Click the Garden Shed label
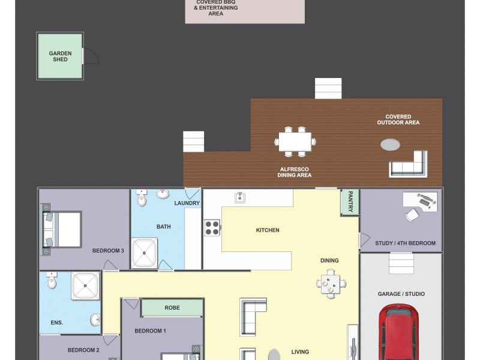coord(60,56)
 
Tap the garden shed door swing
coord(91,56)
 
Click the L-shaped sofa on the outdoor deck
coord(410,165)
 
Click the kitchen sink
coord(240,197)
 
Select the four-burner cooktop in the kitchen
coord(212,227)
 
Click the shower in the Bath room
coord(144,253)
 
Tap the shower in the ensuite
coord(85,286)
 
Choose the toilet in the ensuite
coord(52,280)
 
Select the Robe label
coord(172,308)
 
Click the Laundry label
coord(187,203)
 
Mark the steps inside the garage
coord(401,262)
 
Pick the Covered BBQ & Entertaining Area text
coord(215,8)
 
